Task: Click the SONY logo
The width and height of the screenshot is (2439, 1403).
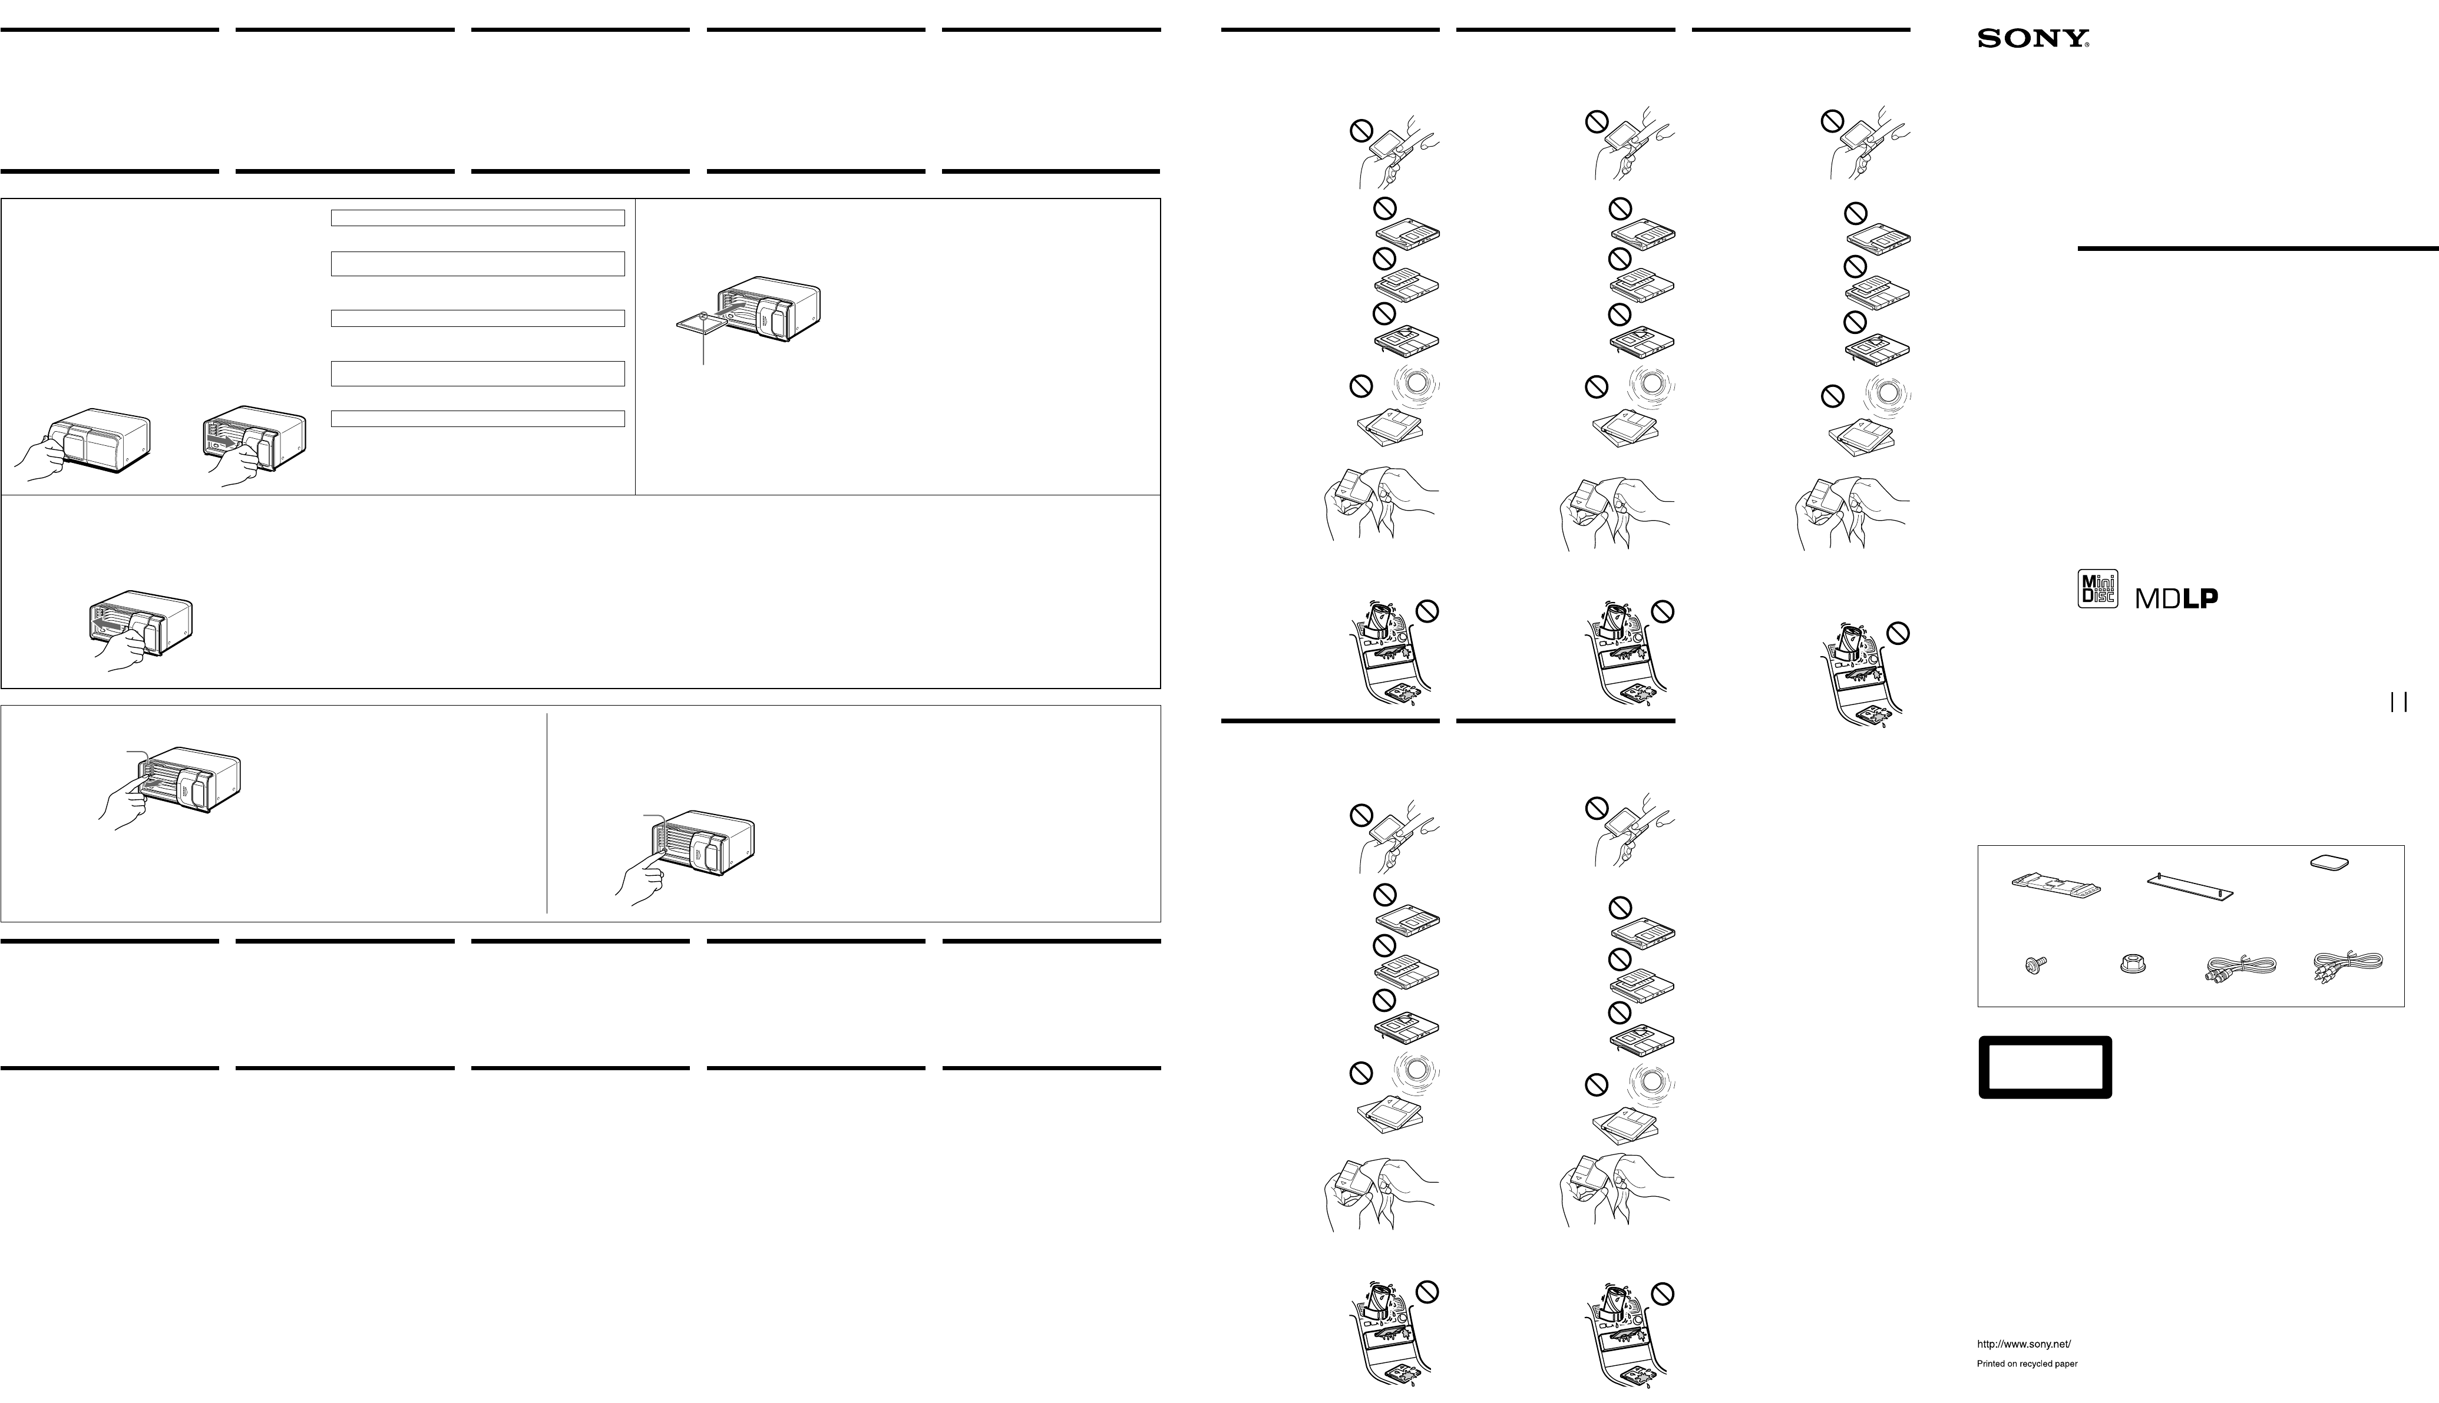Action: (2033, 38)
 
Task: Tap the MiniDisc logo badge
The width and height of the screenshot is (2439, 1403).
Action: (2097, 589)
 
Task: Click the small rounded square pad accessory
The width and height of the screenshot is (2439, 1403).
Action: (2329, 862)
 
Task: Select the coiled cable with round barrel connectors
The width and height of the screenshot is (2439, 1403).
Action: (2240, 968)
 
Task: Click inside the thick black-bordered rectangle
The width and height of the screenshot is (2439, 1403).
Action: (2045, 1067)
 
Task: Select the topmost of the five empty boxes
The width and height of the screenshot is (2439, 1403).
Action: (478, 218)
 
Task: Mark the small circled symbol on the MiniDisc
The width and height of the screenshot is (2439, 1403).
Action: (705, 315)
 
